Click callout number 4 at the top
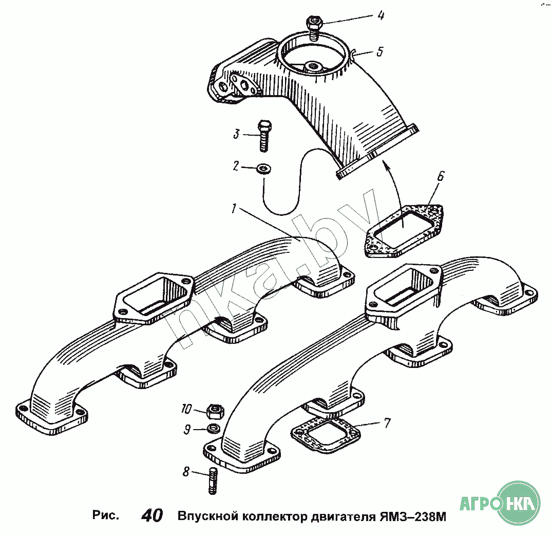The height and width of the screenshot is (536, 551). tap(381, 15)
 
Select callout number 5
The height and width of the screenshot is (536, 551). tap(379, 51)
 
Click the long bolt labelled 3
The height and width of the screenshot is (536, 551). tap(264, 136)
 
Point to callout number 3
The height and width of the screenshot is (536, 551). tap(236, 134)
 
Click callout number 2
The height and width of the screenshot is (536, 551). tap(236, 165)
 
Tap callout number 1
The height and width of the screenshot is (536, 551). tap(234, 208)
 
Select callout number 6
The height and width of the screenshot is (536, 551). tap(440, 177)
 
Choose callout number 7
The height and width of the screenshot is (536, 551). tap(387, 423)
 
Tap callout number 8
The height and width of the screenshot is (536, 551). tap(186, 471)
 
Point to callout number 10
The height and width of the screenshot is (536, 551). tap(186, 410)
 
